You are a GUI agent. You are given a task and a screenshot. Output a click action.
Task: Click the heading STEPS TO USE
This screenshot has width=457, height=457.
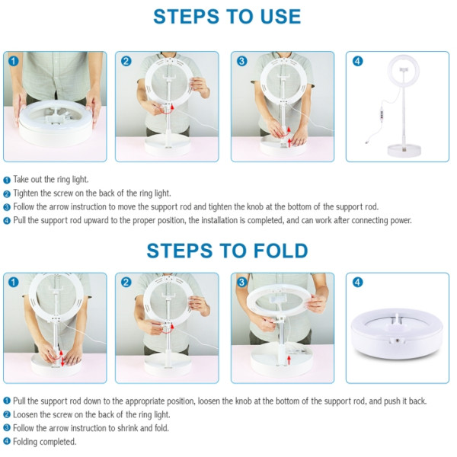pos(227,17)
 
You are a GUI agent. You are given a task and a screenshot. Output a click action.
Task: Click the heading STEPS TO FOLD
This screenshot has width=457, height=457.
pos(227,251)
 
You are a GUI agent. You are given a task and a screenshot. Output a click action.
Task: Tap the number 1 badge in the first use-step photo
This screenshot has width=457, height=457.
pos(14,61)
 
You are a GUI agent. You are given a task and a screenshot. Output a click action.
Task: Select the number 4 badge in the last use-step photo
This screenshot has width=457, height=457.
pos(358,61)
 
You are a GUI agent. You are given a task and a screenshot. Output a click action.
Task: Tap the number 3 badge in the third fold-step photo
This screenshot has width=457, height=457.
pos(241,282)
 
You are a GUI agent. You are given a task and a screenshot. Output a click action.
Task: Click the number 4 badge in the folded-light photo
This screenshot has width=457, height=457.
pos(358,282)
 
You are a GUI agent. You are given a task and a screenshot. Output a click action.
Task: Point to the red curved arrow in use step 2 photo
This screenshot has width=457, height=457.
pos(168,110)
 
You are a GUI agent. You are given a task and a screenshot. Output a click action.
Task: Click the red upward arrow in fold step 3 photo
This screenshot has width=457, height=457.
pos(289,360)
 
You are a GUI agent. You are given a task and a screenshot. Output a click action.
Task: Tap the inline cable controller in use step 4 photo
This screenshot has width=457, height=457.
pos(382,113)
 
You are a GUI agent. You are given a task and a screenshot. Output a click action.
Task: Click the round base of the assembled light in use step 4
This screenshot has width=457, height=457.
pos(404,150)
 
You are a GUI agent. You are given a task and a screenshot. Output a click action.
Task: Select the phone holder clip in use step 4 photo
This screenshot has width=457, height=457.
pos(404,69)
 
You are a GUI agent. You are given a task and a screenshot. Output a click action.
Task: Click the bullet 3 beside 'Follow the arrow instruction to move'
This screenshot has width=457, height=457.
pos(7,207)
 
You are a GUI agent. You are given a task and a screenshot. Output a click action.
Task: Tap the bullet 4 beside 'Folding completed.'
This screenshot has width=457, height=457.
pos(7,442)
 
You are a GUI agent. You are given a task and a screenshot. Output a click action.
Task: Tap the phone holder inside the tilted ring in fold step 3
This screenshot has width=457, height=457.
pos(278,300)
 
